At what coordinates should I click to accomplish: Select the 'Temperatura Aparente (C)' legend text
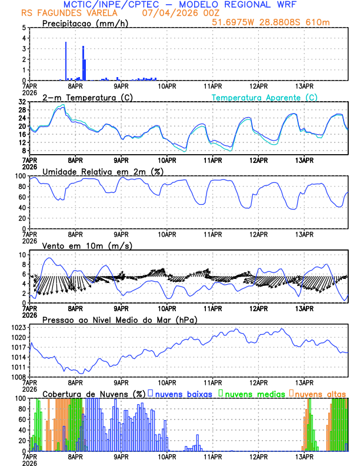pos(265,97)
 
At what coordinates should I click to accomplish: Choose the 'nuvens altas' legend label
pos(321,393)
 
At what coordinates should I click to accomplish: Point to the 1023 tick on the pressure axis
pos(19,327)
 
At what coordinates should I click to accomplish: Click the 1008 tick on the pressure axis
pos(19,377)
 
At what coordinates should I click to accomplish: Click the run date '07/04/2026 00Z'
pos(174,13)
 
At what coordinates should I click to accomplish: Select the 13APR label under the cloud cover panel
pos(304,456)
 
